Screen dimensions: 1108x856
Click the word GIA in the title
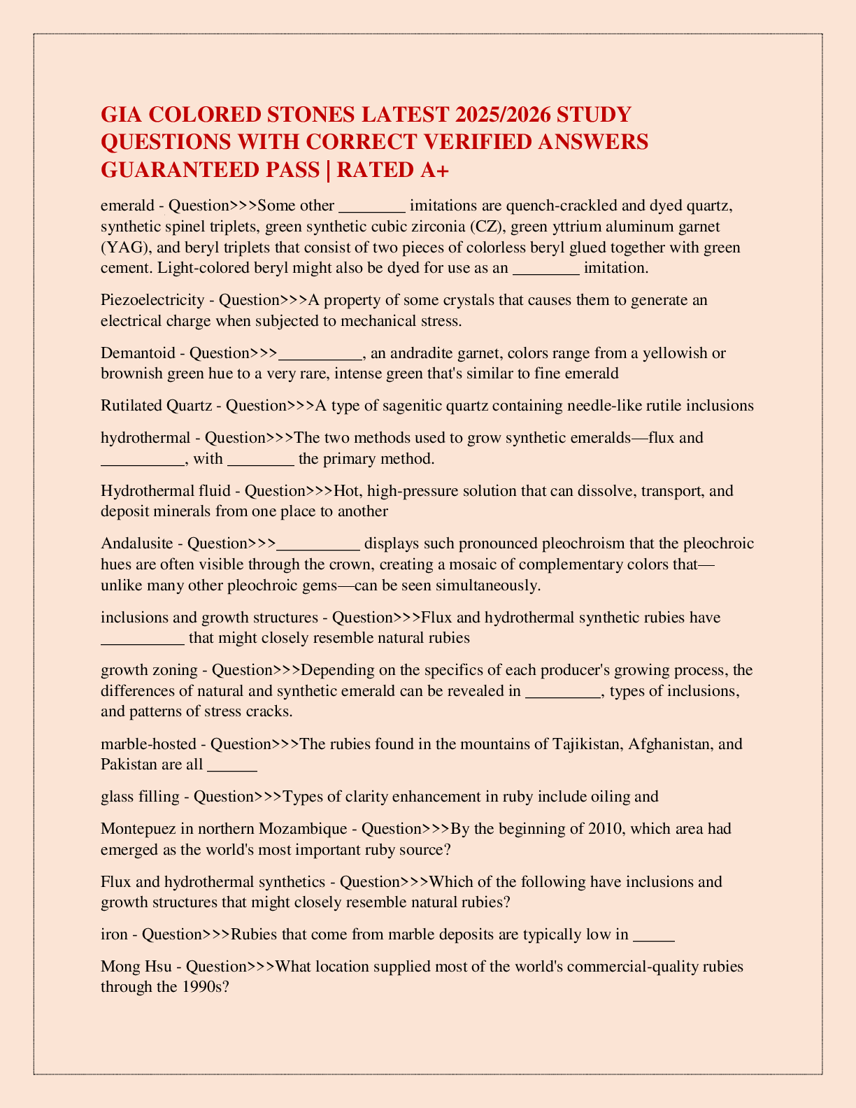[x=121, y=114]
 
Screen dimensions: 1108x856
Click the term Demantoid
[x=138, y=353]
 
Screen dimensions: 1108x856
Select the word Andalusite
[x=135, y=544]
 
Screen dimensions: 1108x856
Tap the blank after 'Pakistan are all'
[x=233, y=766]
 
